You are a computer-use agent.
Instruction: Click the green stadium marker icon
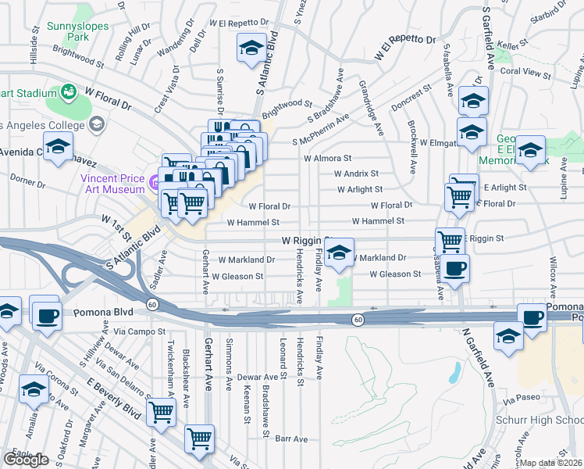[x=69, y=91]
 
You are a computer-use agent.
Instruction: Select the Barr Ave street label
[x=290, y=439]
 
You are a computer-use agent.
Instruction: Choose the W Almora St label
[x=328, y=158]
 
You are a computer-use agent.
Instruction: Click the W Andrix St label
[x=356, y=174]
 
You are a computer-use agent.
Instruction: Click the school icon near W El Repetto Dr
[x=251, y=48]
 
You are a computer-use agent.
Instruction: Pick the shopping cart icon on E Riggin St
[x=450, y=241]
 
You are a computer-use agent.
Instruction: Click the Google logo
[x=26, y=460]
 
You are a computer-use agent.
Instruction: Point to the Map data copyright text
[x=551, y=463]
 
